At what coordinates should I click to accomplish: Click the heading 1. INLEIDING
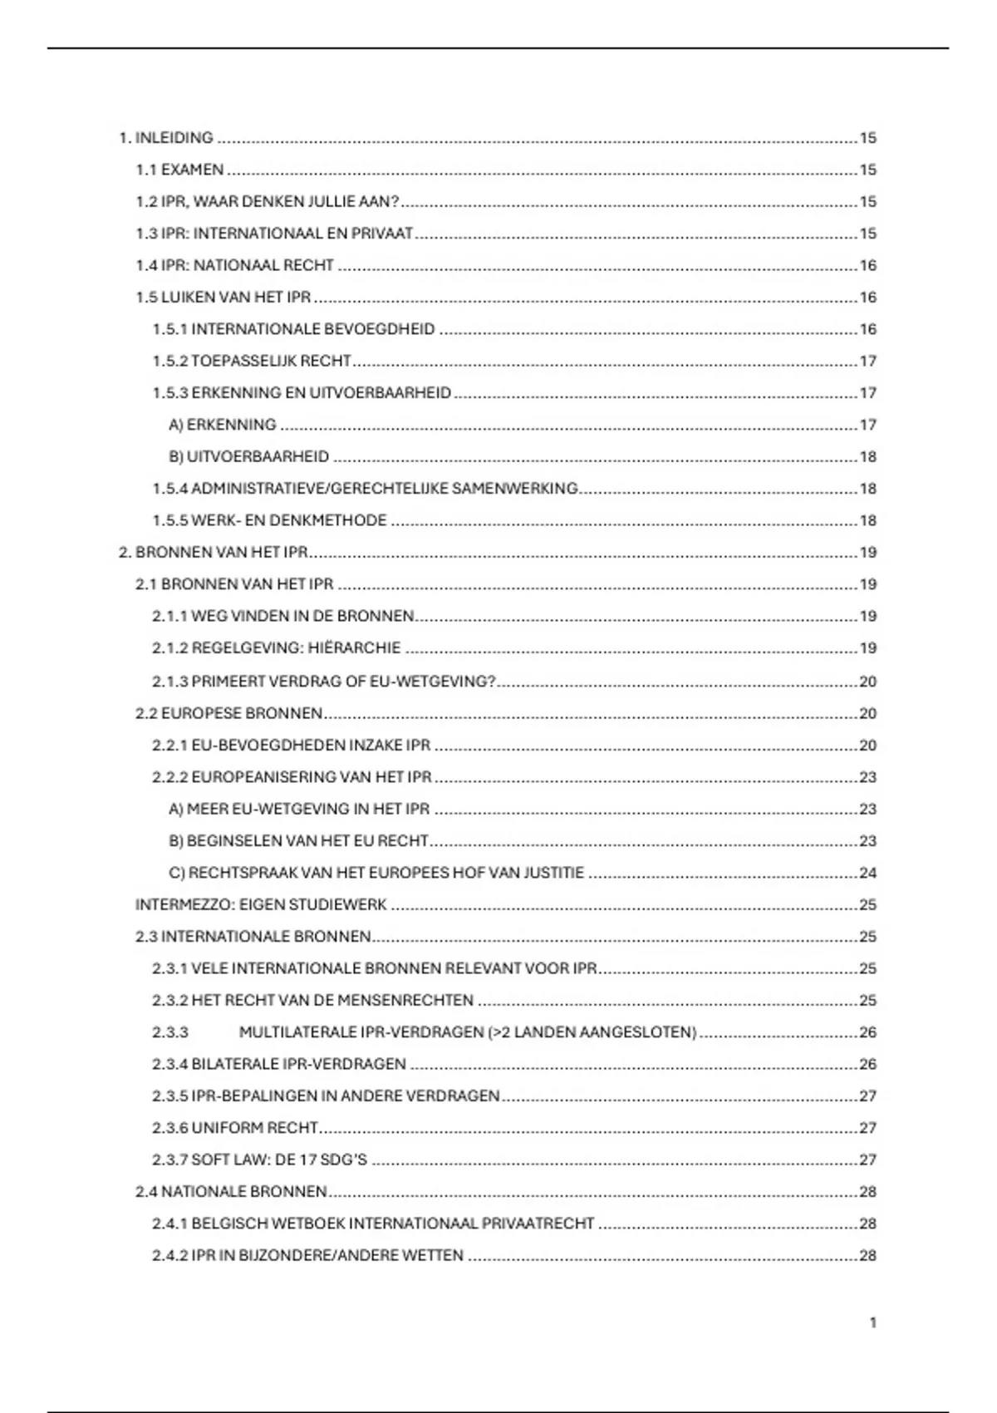click(x=166, y=138)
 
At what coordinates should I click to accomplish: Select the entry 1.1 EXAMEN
click(x=179, y=170)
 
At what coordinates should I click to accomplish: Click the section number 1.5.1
click(x=169, y=329)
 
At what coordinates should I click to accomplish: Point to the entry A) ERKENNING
click(x=222, y=425)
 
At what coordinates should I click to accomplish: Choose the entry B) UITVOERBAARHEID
click(x=248, y=457)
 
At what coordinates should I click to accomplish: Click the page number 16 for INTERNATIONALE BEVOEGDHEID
click(x=867, y=329)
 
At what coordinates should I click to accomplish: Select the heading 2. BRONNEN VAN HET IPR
click(x=214, y=553)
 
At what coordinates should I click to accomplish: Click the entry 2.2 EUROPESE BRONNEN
click(x=228, y=713)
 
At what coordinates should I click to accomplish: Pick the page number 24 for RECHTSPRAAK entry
click(x=867, y=873)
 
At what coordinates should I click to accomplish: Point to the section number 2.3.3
click(x=169, y=1032)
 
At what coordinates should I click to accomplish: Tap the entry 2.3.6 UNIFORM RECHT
click(x=235, y=1128)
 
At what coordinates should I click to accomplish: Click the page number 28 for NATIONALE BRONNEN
click(x=867, y=1192)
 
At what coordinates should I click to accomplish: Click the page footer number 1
click(x=872, y=1322)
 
